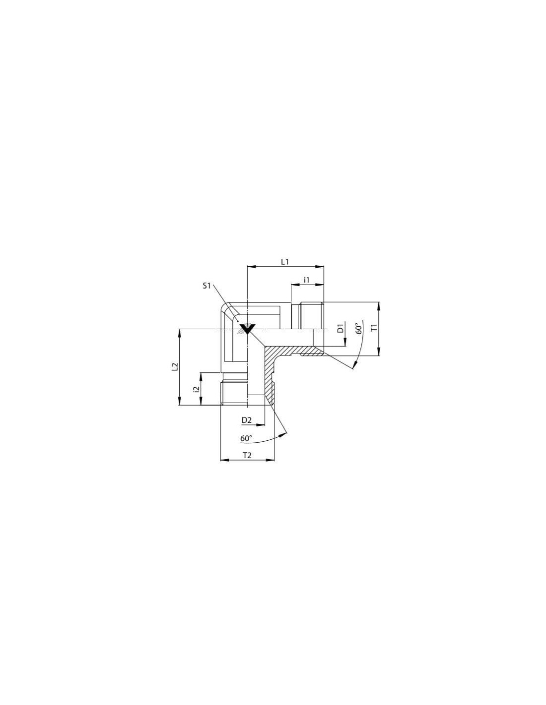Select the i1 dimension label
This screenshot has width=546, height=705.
(x=306, y=279)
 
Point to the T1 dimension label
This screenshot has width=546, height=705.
(x=374, y=328)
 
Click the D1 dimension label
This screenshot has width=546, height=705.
(x=340, y=328)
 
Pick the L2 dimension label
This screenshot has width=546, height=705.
(x=175, y=366)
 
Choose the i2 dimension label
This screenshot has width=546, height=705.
(x=195, y=389)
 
